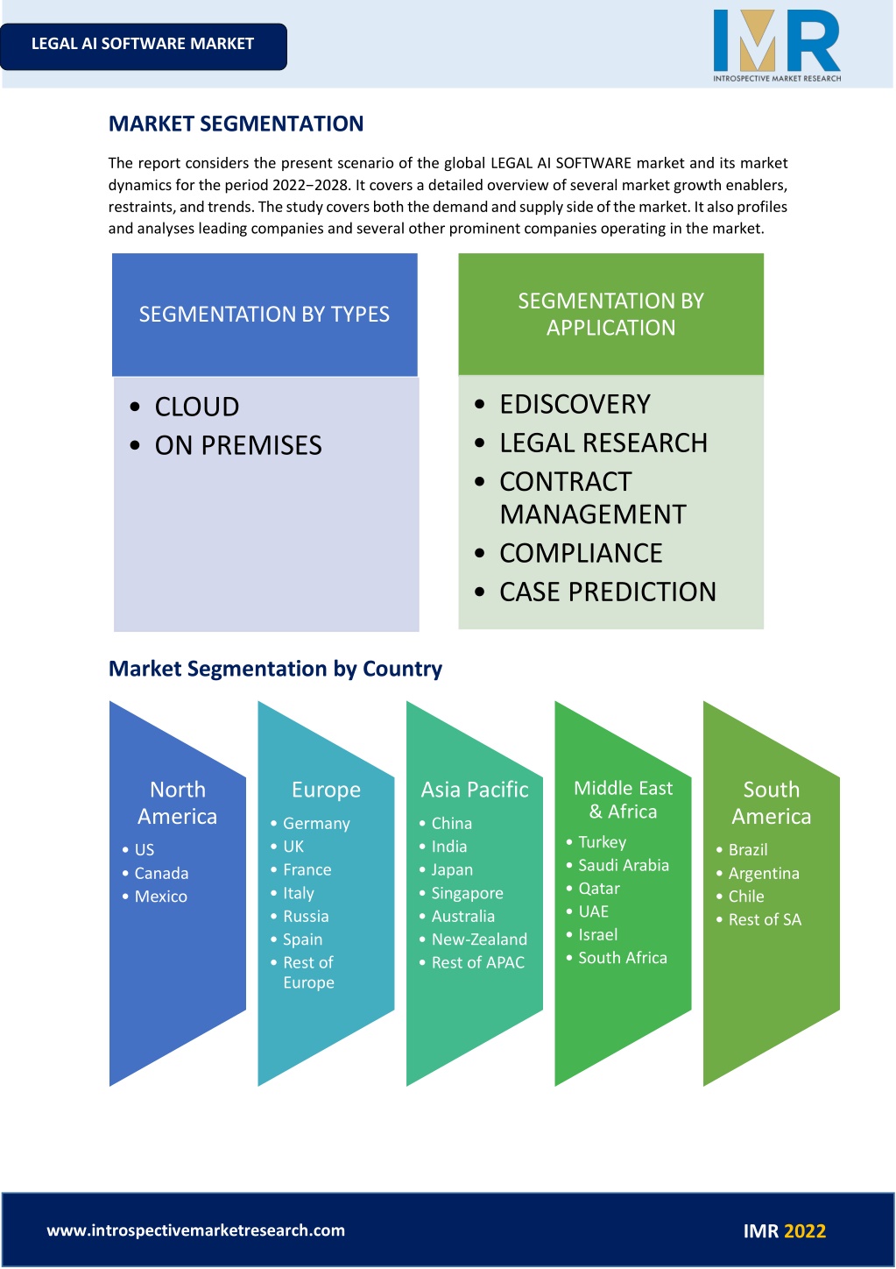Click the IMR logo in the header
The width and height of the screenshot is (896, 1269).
click(x=777, y=46)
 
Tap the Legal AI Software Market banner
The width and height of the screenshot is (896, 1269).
click(x=143, y=46)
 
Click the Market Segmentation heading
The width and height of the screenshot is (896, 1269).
click(x=236, y=124)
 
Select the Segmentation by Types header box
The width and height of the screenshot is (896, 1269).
click(x=265, y=315)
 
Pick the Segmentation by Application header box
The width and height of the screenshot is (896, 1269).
click(x=610, y=314)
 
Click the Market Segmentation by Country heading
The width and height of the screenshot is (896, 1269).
click(x=275, y=669)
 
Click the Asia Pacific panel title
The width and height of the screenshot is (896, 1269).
click(x=475, y=789)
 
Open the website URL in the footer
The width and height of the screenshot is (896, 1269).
click(x=196, y=1230)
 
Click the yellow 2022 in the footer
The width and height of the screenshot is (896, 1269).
click(x=805, y=1231)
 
